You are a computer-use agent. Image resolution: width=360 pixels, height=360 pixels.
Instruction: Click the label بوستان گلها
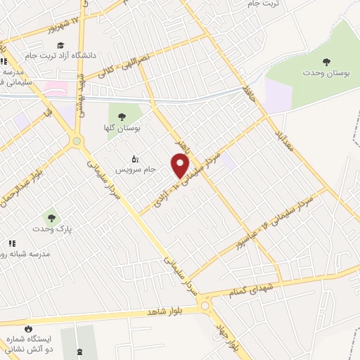pyautogui.click(x=127, y=129)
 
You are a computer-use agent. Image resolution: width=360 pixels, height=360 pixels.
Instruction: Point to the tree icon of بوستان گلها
pyautogui.click(x=122, y=117)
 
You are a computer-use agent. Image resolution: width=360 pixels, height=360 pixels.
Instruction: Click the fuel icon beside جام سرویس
pyautogui.click(x=135, y=159)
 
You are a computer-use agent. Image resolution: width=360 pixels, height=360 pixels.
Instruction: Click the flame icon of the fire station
pyautogui.click(x=28, y=328)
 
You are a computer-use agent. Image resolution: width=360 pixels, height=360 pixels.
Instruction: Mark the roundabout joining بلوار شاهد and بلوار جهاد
pyautogui.click(x=205, y=304)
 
